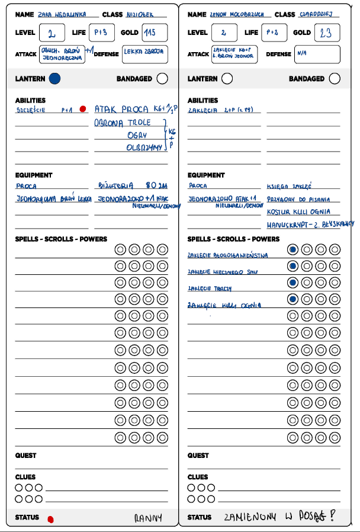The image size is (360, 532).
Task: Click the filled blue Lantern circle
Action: coord(55,78)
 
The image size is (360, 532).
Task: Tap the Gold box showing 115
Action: coord(155,33)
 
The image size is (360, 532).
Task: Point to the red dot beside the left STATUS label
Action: coord(50,520)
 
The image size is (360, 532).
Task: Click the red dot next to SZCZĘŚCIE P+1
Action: coord(83,109)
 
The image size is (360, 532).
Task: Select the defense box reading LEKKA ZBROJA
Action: coord(145,55)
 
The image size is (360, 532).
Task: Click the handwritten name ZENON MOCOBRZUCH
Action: coord(237,14)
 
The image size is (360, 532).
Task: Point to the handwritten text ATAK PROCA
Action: coord(121,110)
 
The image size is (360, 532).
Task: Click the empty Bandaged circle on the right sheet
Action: coord(335,78)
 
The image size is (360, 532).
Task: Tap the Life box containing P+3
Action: coord(101,33)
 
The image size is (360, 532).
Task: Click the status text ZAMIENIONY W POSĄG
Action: coord(278,517)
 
